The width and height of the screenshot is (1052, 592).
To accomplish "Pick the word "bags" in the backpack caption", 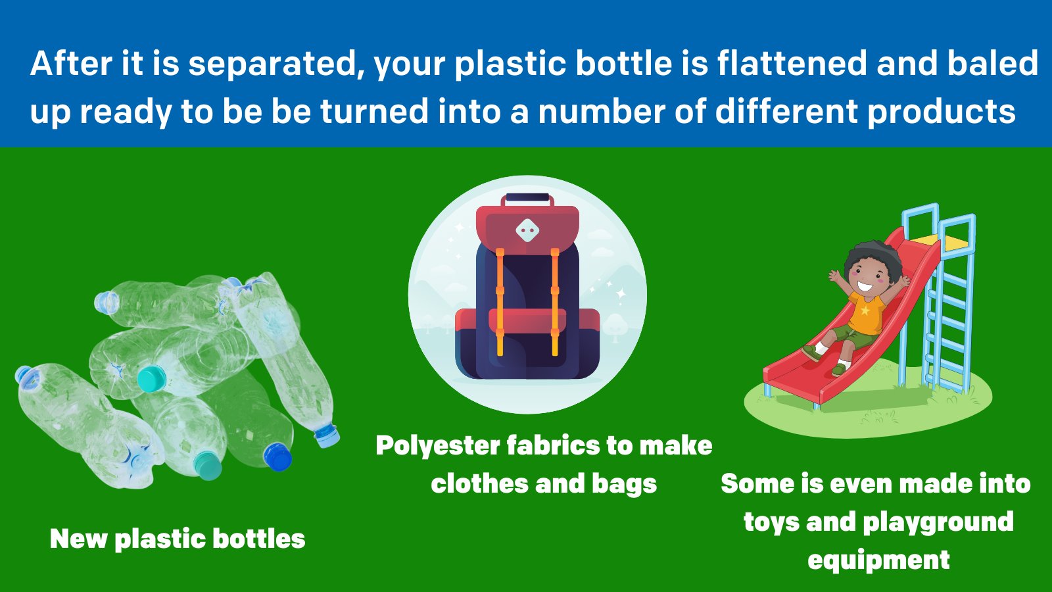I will (624, 484).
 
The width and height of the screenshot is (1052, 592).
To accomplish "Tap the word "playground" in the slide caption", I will (938, 522).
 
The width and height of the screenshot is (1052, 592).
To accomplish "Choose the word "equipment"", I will (878, 560).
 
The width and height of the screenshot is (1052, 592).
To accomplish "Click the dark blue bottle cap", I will (277, 456).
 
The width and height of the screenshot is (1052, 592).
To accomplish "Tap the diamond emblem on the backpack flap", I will (527, 230).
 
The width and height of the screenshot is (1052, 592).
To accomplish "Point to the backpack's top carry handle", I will (527, 198).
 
